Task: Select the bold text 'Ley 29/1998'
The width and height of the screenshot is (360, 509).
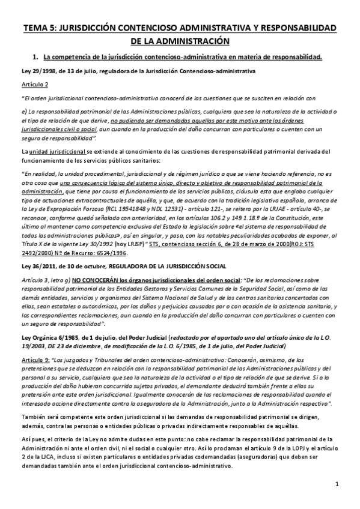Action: pyautogui.click(x=37, y=71)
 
